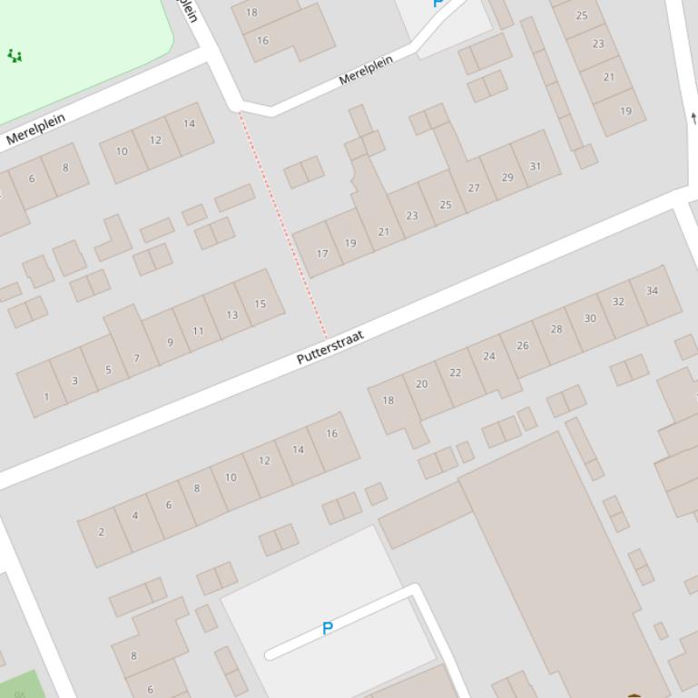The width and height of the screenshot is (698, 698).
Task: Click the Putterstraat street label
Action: tap(330, 347)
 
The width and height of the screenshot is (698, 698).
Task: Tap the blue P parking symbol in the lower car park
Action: tap(328, 628)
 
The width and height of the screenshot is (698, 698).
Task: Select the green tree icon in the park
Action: tap(15, 56)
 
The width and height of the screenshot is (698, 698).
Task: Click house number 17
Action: tap(321, 254)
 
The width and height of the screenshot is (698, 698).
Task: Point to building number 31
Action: tap(535, 166)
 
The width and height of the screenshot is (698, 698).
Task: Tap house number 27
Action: tap(473, 188)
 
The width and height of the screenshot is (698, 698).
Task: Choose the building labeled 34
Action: tap(652, 291)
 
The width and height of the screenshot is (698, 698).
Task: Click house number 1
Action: tap(46, 396)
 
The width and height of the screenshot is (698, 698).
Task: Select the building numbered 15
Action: tap(261, 304)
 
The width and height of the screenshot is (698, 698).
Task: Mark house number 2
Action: tap(101, 532)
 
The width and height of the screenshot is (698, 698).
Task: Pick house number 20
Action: tap(421, 384)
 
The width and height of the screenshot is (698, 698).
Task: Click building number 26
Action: tap(522, 345)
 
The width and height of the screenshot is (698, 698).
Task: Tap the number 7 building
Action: tap(137, 358)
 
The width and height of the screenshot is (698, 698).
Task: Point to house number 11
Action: tap(198, 331)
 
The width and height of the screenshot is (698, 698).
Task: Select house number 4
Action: tap(135, 516)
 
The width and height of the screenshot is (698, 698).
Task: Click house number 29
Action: tap(506, 177)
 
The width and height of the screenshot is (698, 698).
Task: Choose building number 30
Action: tap(590, 318)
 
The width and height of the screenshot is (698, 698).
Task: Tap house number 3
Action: tap(74, 381)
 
